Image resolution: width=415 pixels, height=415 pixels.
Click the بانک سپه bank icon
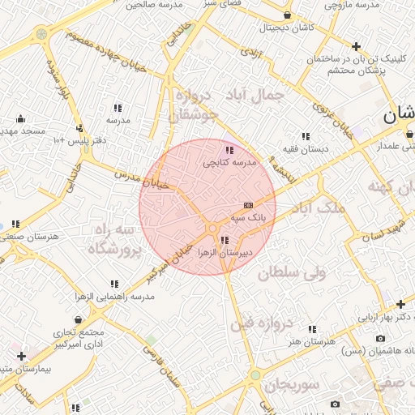(x=248, y=206)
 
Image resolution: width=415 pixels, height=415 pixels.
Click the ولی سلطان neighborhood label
(x=292, y=273)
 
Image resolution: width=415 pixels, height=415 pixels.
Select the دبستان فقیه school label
(x=305, y=149)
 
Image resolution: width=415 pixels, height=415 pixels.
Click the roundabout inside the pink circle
(x=212, y=229)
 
